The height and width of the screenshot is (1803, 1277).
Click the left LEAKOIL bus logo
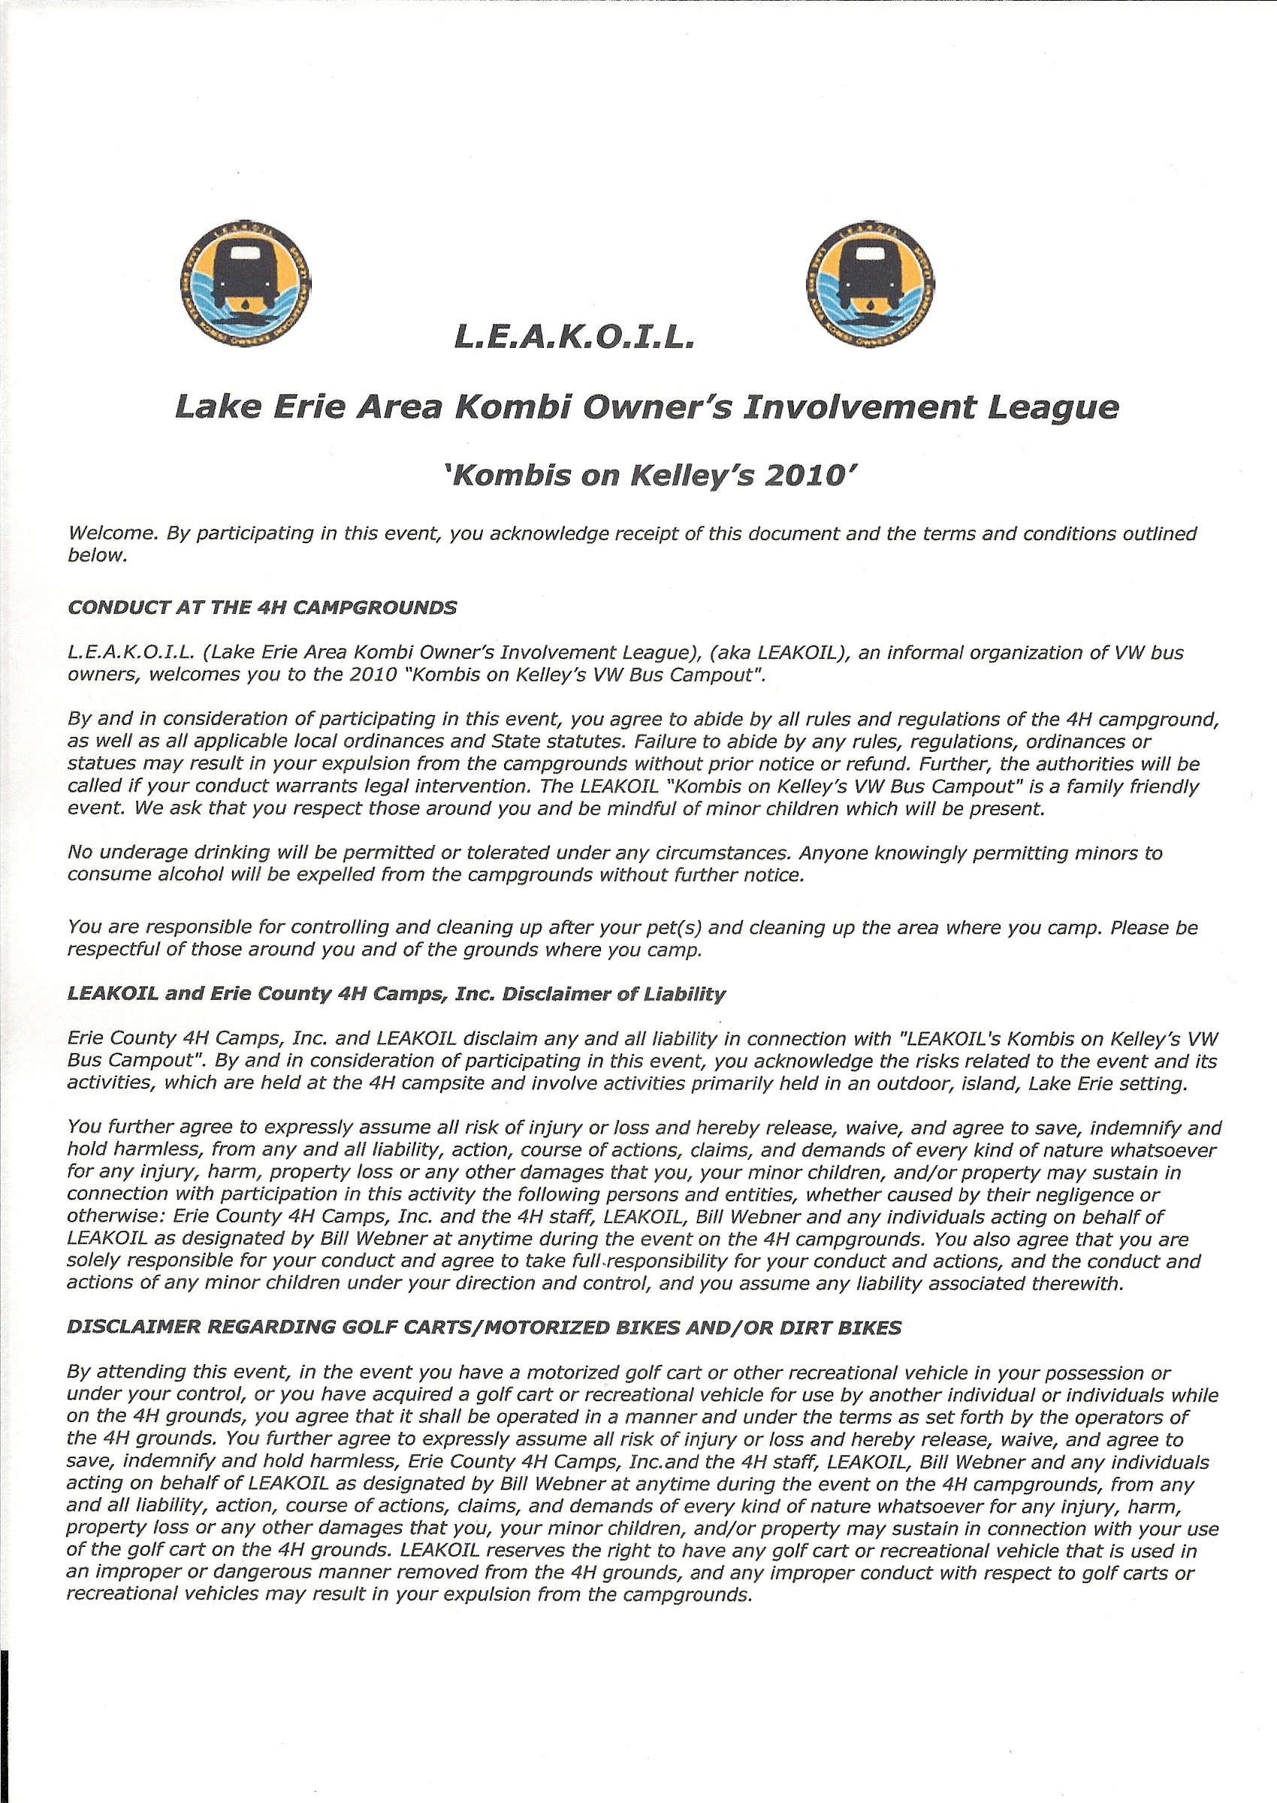245,284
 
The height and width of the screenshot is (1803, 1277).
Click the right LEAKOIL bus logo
870,284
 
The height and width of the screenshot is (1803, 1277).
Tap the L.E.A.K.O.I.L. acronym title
574,337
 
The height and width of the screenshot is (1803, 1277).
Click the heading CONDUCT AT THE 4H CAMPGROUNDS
262,608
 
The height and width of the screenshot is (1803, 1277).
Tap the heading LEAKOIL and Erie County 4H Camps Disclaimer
397,994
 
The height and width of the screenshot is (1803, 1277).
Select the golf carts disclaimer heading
484,1328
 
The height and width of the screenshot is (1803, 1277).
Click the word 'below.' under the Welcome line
97,555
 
